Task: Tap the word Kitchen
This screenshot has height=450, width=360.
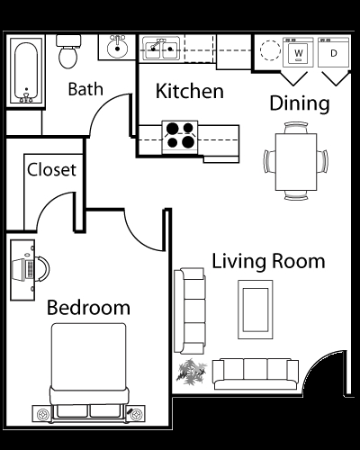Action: (x=189, y=91)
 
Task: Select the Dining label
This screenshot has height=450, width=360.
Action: (x=300, y=103)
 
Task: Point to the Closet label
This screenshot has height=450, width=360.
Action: (x=51, y=168)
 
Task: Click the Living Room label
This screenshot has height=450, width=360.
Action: (x=268, y=262)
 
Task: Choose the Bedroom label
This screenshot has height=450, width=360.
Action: (x=88, y=307)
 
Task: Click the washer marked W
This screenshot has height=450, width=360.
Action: (x=299, y=53)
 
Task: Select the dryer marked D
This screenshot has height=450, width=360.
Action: (x=334, y=53)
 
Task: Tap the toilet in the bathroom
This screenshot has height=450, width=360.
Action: (x=67, y=53)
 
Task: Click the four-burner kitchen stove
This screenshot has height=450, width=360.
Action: (x=181, y=134)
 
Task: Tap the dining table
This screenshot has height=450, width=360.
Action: (x=295, y=159)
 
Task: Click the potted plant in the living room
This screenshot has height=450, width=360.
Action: (x=191, y=369)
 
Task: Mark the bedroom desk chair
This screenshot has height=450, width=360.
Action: (x=40, y=267)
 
